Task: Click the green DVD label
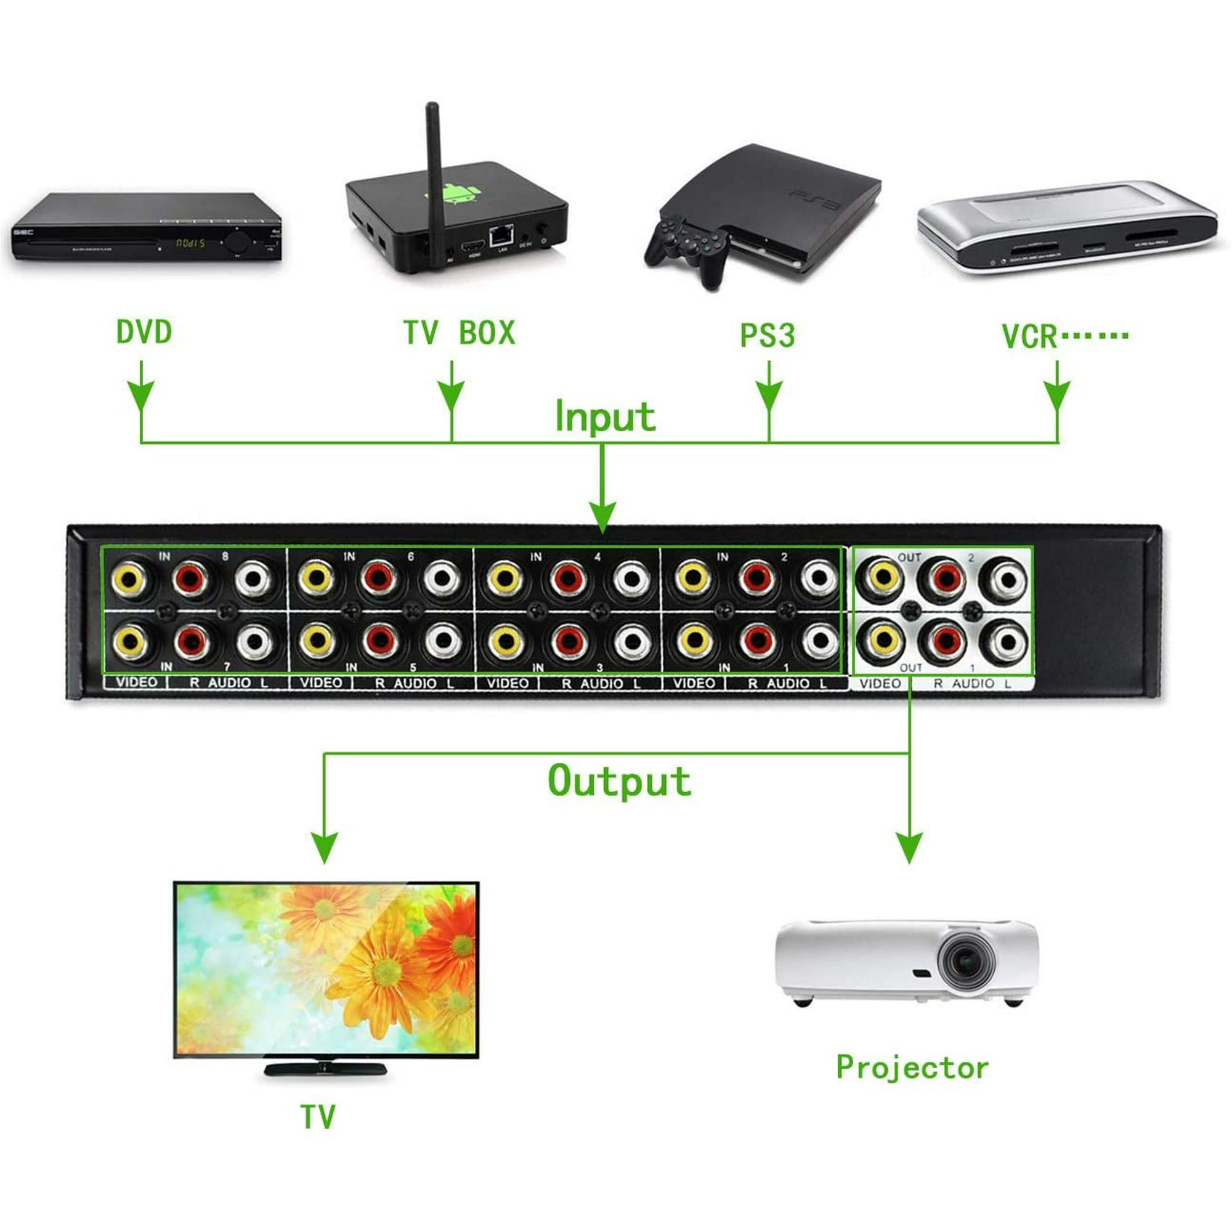coord(144,333)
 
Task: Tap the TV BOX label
coord(458,333)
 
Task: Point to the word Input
coord(604,416)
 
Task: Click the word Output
coord(619,781)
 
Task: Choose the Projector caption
coord(912,1068)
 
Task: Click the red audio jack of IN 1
coord(757,641)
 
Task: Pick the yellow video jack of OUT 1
coord(883,641)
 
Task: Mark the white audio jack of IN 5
coord(442,641)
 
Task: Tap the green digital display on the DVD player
coord(189,243)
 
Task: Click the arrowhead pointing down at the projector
coord(909,848)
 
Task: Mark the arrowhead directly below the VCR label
coord(1057,395)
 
